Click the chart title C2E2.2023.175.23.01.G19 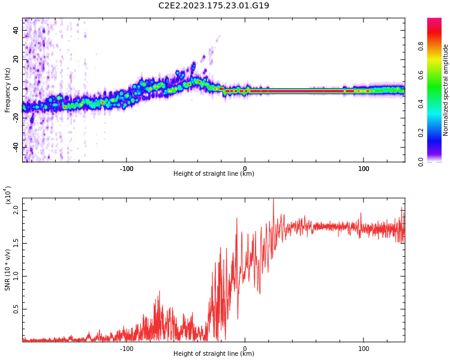[x=214, y=5]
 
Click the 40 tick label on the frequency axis [x=16, y=30]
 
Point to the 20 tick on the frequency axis [x=16, y=59]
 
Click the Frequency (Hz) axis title [x=7, y=90]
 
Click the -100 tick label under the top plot [x=126, y=169]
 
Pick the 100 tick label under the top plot [x=364, y=169]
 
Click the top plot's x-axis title [x=214, y=174]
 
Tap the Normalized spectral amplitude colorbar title [x=446, y=90]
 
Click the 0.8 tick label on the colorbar [x=437, y=46]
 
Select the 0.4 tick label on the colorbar [x=437, y=104]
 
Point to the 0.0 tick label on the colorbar [x=437, y=161]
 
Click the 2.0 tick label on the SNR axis [x=16, y=209]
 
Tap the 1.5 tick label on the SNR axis [x=16, y=243]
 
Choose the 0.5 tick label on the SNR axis [x=16, y=310]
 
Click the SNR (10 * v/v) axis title [x=7, y=270]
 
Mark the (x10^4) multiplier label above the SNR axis [x=8, y=195]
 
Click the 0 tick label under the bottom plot [x=244, y=349]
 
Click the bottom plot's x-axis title [x=214, y=354]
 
